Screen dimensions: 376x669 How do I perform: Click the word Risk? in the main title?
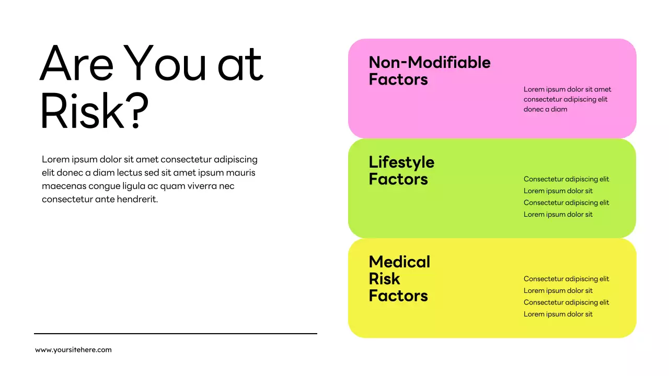(x=94, y=111)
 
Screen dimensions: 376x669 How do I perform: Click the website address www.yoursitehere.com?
(x=73, y=350)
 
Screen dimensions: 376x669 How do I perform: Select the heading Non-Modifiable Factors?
(x=429, y=71)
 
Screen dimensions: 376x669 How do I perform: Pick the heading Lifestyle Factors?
(x=401, y=171)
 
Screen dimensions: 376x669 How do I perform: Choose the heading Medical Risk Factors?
(x=399, y=278)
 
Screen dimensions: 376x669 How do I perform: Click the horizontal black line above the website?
(x=176, y=334)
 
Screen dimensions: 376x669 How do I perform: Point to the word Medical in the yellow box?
(x=399, y=262)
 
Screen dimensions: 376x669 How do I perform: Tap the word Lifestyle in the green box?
(x=401, y=162)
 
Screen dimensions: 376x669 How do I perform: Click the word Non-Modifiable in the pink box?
(x=429, y=62)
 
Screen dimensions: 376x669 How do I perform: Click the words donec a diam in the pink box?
(x=545, y=110)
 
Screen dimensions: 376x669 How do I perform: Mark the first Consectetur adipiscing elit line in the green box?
(x=566, y=179)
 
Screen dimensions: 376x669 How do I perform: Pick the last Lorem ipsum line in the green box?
(x=558, y=215)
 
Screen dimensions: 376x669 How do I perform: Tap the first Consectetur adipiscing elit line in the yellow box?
(x=566, y=279)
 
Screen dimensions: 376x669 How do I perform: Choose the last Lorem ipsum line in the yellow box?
(x=558, y=314)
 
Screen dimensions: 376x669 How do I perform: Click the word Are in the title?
(x=76, y=64)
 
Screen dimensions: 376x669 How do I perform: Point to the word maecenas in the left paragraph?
(x=63, y=186)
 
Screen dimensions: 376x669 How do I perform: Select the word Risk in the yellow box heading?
(x=384, y=279)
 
